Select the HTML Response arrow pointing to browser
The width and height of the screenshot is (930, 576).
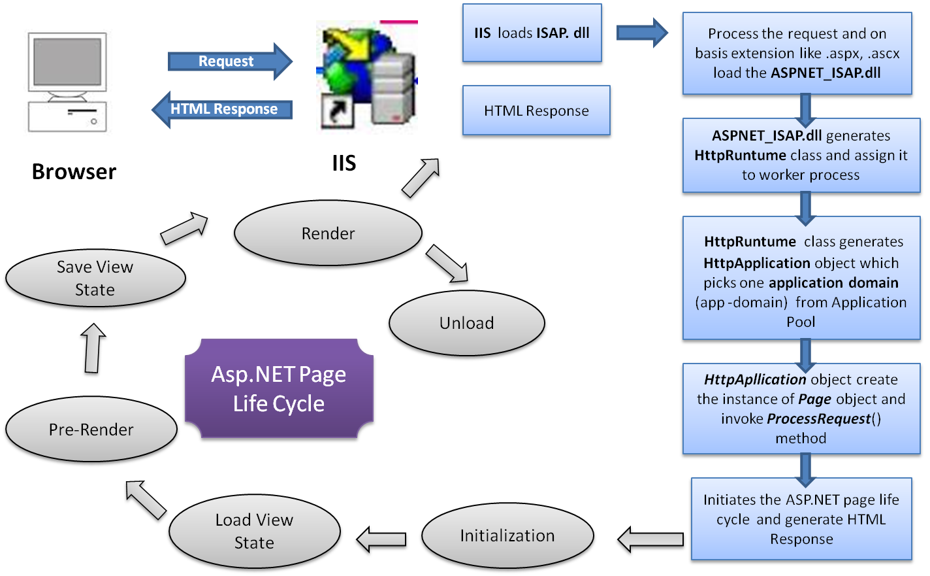pos(222,109)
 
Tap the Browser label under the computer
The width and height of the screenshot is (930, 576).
pos(74,171)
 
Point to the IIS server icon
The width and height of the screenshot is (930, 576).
pos(367,78)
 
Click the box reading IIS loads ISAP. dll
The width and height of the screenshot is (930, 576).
pos(532,33)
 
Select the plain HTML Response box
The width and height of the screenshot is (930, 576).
pos(536,111)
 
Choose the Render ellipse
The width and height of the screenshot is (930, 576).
pos(328,233)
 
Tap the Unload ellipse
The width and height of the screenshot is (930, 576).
pos(466,323)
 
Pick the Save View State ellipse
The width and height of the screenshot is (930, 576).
pos(95,279)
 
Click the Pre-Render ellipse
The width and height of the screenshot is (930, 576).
pos(91,430)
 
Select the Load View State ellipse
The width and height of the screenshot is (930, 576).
pos(255,531)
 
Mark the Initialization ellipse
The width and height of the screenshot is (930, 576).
pos(507,535)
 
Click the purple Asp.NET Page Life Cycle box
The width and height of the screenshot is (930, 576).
pos(280,389)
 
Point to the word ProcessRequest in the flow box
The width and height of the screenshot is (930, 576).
pos(819,419)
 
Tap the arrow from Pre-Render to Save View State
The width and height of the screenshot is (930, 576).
pos(93,350)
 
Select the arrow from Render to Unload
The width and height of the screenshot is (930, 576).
pos(448,265)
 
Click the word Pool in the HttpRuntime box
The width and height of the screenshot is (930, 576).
pos(801,322)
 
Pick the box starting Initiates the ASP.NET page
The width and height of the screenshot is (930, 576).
pos(801,519)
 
